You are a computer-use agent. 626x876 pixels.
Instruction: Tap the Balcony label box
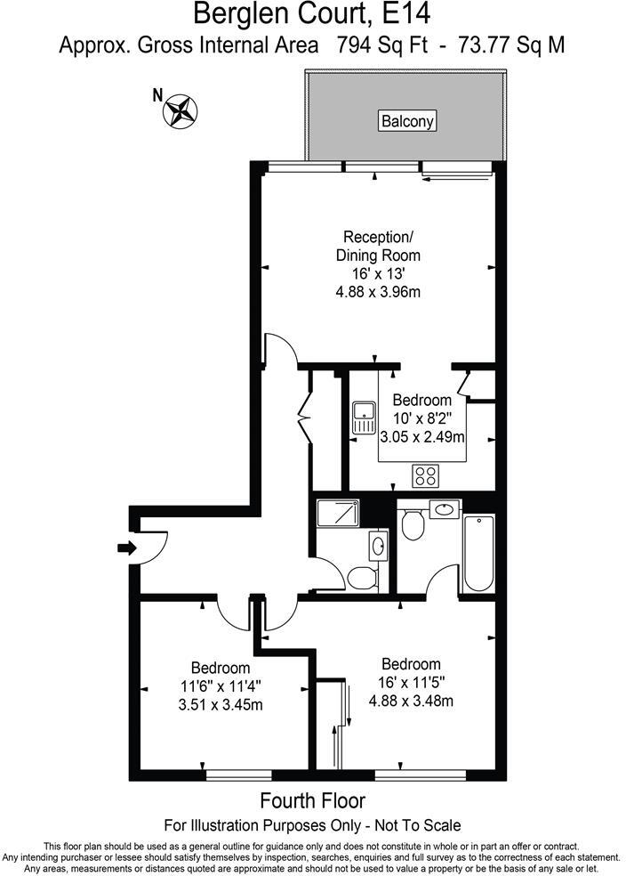408,120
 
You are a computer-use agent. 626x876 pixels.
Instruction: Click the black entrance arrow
126,547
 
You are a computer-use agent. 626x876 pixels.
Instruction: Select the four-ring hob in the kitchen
426,476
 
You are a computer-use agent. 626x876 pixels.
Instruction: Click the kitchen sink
365,418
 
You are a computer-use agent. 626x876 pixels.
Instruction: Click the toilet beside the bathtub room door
412,525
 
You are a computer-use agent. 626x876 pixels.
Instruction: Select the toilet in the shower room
361,578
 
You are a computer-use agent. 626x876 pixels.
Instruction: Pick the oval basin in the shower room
379,545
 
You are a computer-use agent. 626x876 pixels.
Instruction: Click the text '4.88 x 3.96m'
378,291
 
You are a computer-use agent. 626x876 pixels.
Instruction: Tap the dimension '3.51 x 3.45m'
221,705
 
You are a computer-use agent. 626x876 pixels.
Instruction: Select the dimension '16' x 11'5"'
411,683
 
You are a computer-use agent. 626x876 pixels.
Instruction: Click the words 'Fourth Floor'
312,800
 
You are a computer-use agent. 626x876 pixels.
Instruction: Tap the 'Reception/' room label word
378,237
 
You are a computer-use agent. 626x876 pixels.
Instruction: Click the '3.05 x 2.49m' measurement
422,437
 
